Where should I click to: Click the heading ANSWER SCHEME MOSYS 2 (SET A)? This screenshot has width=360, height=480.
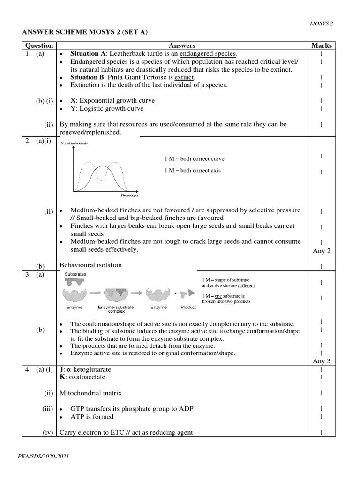click(x=88, y=32)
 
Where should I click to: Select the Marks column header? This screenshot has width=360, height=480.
click(x=322, y=45)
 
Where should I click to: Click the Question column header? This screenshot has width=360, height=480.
click(x=39, y=45)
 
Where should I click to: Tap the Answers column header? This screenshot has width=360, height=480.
click(x=182, y=45)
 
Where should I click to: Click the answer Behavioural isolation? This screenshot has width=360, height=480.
click(x=91, y=265)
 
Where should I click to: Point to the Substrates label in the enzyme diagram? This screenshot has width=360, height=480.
click(x=75, y=273)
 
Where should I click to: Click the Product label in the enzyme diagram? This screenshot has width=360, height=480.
click(x=188, y=307)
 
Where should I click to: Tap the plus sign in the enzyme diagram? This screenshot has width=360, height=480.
click(x=176, y=294)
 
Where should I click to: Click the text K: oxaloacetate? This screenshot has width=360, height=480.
click(x=82, y=377)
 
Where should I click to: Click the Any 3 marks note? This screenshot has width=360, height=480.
click(x=322, y=361)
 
